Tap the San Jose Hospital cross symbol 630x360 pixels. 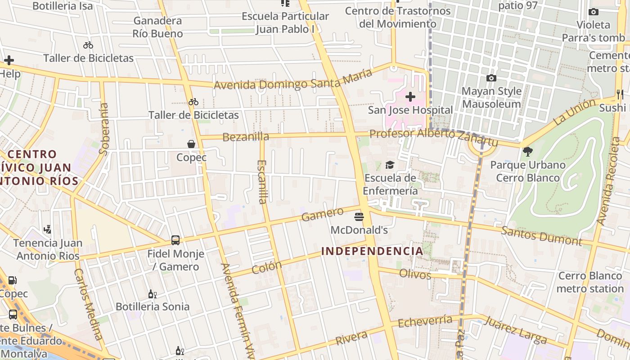(410, 97)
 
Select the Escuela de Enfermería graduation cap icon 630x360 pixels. (390, 165)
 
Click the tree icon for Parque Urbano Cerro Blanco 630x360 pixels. (528, 152)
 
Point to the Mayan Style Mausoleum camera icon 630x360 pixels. (491, 78)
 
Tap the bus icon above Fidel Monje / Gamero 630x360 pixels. (175, 241)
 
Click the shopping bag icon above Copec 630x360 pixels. (191, 144)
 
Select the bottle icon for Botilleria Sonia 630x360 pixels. (152, 294)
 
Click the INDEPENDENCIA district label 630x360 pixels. (372, 251)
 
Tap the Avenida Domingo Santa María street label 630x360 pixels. (293, 79)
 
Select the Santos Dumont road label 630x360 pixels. (541, 235)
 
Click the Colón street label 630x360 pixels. (266, 267)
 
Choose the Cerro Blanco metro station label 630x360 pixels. (590, 282)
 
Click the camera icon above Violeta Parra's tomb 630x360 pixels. (593, 12)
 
